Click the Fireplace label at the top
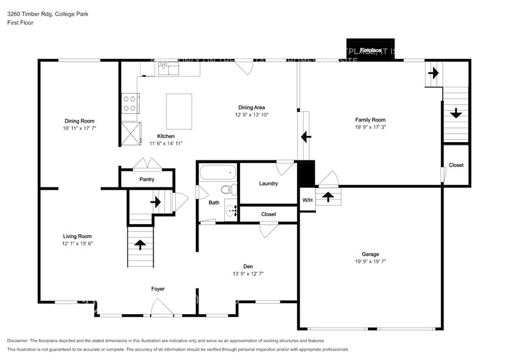pos(370,50)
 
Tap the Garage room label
pos(370,253)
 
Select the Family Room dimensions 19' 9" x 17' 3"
pos(370,127)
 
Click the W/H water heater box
pos(307,200)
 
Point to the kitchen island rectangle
pos(179,111)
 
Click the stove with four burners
pos(129,103)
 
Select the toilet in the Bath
pos(228,190)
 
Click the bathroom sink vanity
pos(232,211)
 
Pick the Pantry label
pos(146,179)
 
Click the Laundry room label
pos(268,183)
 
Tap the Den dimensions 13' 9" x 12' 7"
pos(248,274)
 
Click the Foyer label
pos(158,288)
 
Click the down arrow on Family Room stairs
pos(456,113)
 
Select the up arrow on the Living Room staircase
pos(140,244)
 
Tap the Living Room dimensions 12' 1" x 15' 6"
pos(77,243)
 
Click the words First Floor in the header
pos(21,23)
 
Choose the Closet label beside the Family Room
pos(456,165)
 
